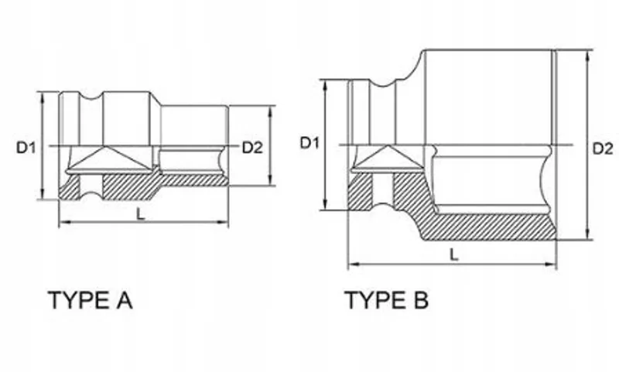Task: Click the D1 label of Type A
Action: click(26, 148)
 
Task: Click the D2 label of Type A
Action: click(252, 148)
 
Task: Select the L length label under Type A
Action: click(141, 214)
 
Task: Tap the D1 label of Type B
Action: click(309, 143)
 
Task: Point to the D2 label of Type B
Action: click(603, 148)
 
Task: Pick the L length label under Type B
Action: click(454, 255)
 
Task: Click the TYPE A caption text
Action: click(90, 300)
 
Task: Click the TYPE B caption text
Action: click(386, 300)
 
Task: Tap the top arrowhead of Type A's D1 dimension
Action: click(43, 97)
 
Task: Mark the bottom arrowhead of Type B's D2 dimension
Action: click(588, 234)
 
